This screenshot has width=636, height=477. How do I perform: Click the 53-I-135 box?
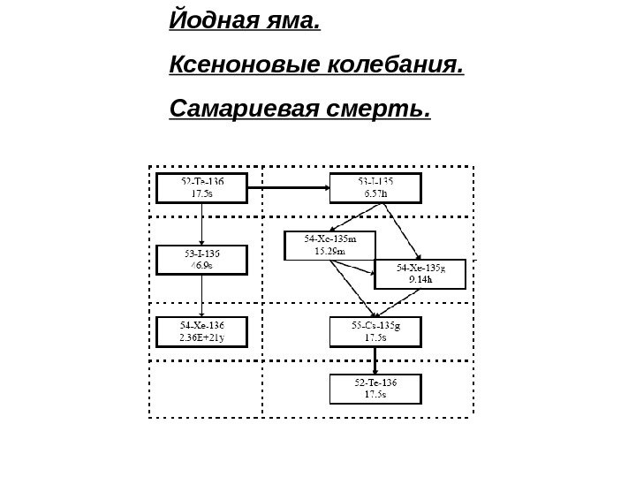[x=375, y=187]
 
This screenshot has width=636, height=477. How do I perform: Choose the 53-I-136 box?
[x=202, y=259]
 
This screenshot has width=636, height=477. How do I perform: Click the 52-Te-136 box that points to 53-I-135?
[x=202, y=187]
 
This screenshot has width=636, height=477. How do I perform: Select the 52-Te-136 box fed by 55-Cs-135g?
[x=375, y=388]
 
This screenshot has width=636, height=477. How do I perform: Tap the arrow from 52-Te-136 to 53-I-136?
[x=202, y=223]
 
